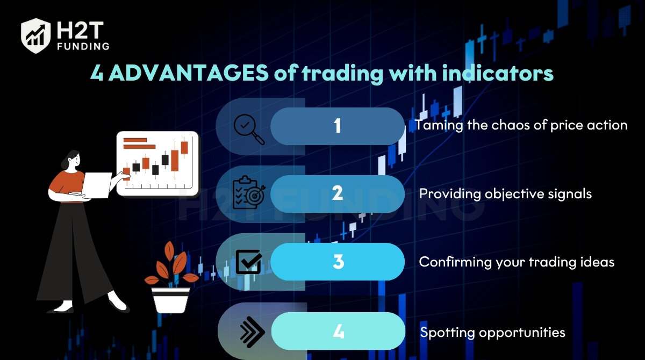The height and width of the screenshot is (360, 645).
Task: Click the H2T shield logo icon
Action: coord(35,35)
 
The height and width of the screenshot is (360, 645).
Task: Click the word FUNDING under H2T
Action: coord(83,46)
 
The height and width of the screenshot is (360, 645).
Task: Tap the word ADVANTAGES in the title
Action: coord(189,73)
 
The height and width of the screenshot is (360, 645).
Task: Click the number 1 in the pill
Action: coord(338,126)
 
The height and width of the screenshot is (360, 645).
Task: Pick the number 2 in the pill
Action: coord(338,193)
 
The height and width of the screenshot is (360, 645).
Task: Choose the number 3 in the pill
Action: coord(338,262)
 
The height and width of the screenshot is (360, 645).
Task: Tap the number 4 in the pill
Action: coord(338,332)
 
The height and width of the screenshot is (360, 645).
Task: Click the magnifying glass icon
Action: coord(249,129)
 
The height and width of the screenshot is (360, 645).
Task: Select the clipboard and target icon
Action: coord(249,192)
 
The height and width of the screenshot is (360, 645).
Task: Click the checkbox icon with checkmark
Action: coord(249,262)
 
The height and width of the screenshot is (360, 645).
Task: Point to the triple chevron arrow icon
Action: coord(252,332)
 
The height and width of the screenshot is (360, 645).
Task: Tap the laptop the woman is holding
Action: coord(96,185)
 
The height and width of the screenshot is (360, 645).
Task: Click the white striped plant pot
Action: coord(170,300)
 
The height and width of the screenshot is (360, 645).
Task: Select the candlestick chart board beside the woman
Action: coord(157,163)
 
